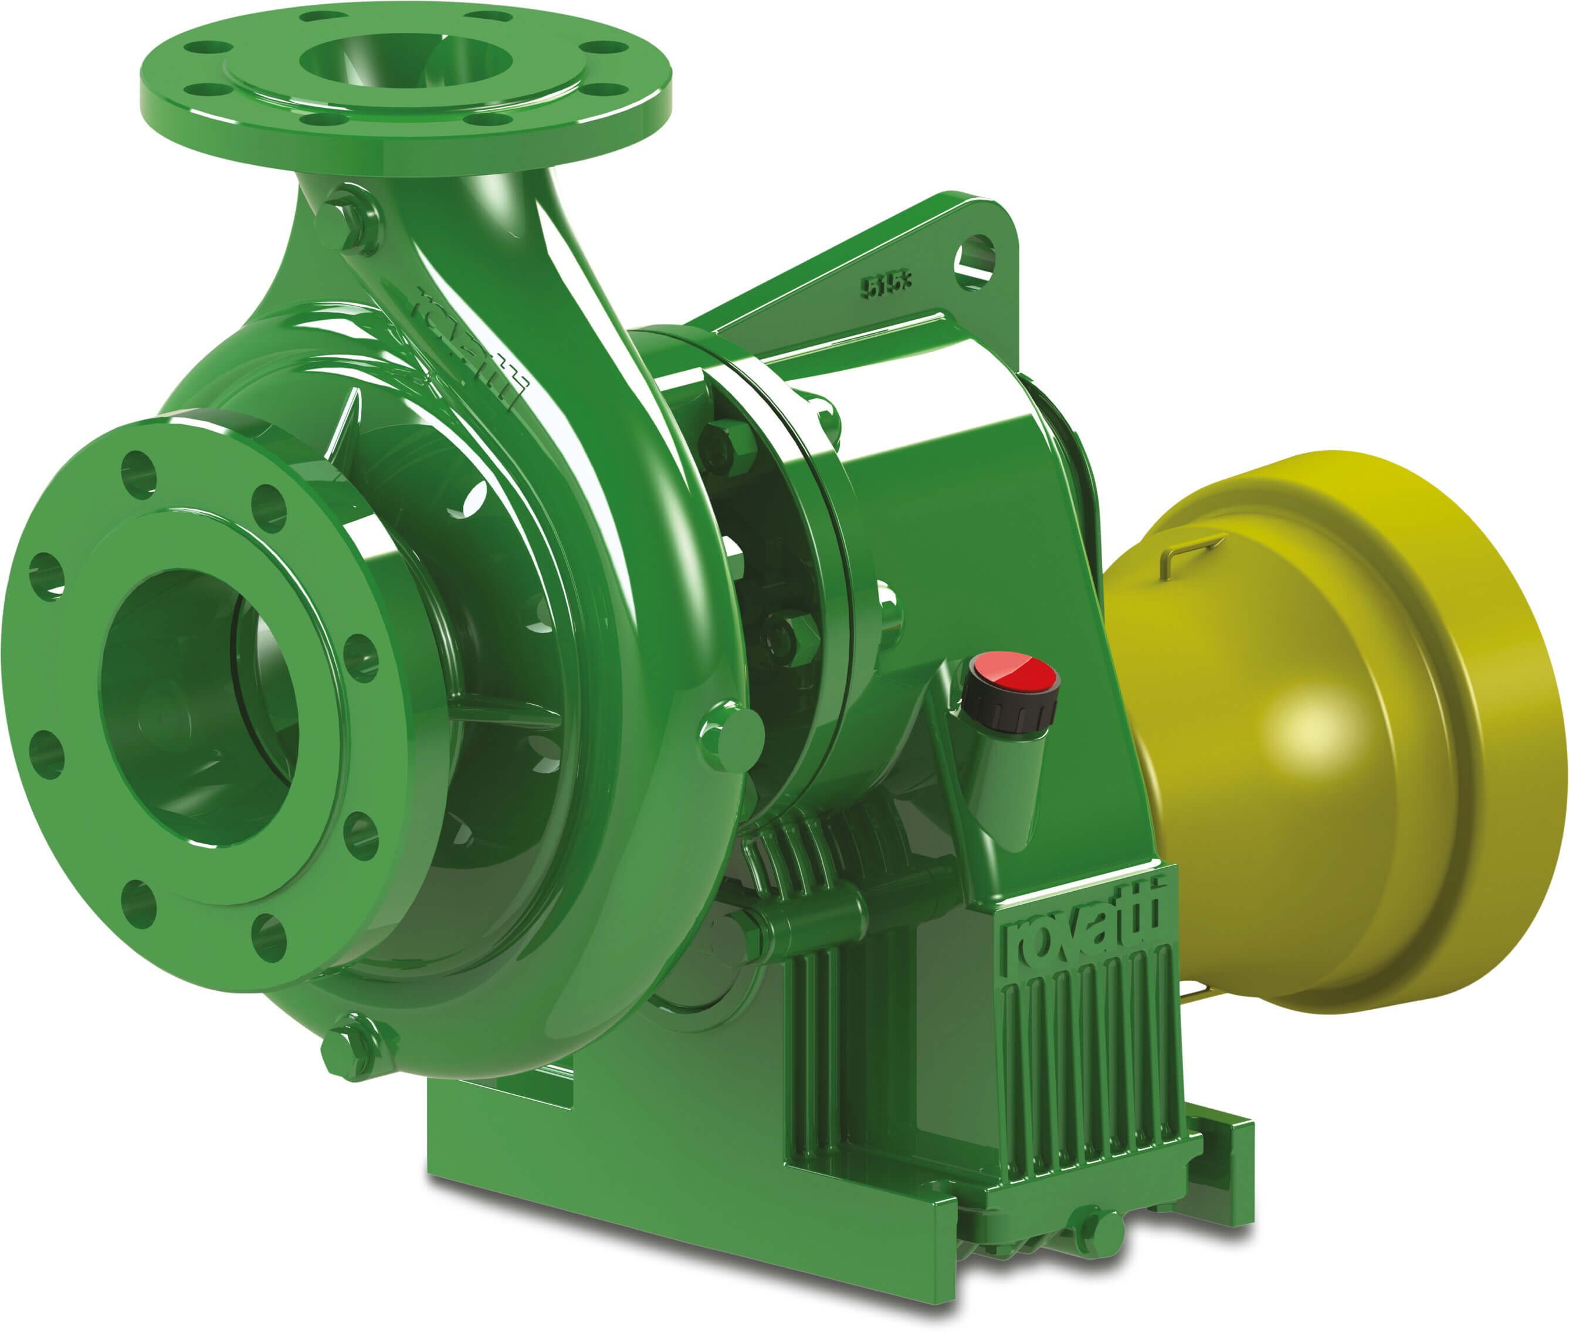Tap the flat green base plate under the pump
coord(680,1179)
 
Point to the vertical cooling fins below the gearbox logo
coord(1095,1058)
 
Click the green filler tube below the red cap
coord(1005,786)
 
